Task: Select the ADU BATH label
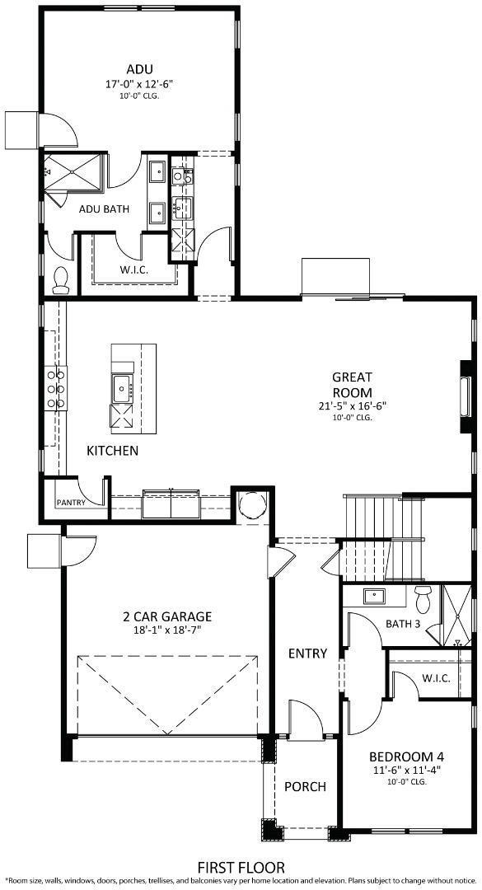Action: [104, 208]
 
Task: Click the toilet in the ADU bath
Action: [60, 280]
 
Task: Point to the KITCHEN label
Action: [113, 451]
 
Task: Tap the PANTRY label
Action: [72, 502]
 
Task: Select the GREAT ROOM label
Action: [352, 385]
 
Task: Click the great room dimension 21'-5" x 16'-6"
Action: [352, 405]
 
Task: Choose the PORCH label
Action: [305, 786]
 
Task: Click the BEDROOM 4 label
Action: [406, 756]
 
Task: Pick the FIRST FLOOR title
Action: [241, 867]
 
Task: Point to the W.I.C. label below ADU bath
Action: [133, 269]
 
